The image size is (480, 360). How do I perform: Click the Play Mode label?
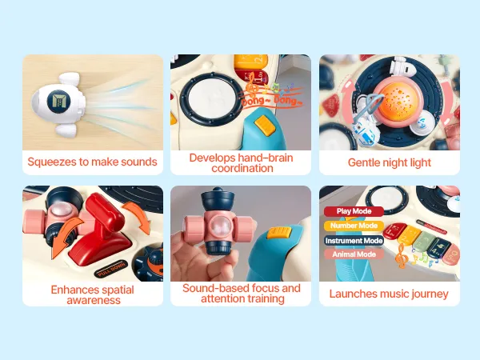coord(354,211)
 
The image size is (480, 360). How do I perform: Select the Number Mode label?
coord(354,226)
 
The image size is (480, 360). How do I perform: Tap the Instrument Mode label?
coord(354,241)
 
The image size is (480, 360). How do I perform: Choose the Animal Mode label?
coord(354,254)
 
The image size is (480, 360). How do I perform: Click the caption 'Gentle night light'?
coord(390,162)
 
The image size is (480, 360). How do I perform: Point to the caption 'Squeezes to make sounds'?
coord(92,162)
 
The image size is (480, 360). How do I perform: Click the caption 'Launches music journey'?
coord(389,294)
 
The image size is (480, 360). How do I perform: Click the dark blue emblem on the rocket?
coord(58,102)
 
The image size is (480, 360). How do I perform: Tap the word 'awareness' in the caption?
coord(94,300)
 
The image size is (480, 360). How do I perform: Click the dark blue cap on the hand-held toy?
coord(218,198)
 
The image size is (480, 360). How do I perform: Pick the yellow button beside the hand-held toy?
coord(278,233)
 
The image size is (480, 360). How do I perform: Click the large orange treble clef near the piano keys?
coord(402,256)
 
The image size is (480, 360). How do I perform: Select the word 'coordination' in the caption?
coord(242,168)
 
